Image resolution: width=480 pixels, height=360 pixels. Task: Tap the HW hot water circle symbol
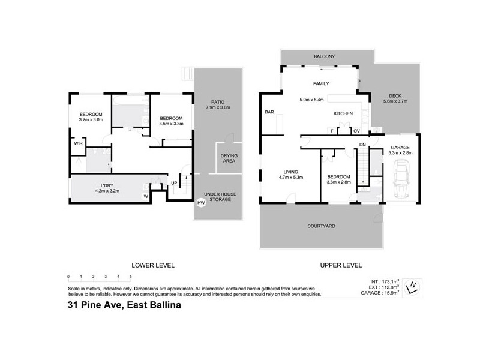[200, 203]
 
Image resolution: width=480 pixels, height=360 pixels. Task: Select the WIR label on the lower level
[78, 143]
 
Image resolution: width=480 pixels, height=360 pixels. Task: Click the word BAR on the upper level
[269, 112]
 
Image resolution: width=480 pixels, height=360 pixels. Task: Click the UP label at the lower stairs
[174, 182]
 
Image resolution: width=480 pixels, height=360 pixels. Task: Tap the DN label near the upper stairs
[363, 145]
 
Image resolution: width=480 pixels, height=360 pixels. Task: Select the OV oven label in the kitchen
[356, 131]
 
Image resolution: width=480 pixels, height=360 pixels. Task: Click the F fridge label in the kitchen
[332, 131]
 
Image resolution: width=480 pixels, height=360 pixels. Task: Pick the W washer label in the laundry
[146, 196]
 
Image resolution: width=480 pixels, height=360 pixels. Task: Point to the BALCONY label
[324, 56]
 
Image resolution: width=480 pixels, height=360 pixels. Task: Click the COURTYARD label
[321, 226]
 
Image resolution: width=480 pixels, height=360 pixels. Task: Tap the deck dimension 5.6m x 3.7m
[395, 101]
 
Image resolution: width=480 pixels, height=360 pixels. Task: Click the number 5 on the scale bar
[130, 276]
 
